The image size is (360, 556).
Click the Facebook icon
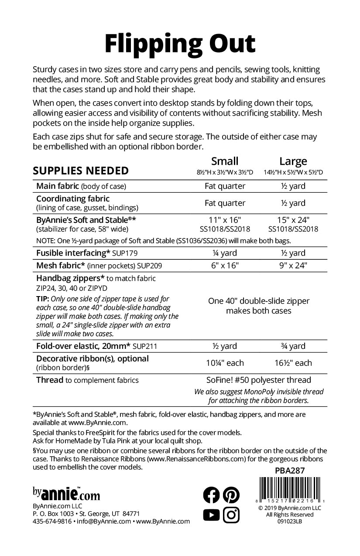click(x=212, y=495)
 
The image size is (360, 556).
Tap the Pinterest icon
click(x=231, y=495)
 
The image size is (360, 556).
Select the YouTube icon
click(x=212, y=515)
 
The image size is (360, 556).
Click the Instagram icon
click(x=231, y=515)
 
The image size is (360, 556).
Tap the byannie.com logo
click(x=66, y=495)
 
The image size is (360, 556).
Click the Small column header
click(x=225, y=161)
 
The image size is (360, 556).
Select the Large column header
click(x=293, y=161)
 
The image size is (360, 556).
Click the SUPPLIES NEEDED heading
click(x=81, y=170)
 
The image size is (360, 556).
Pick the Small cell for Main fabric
click(x=225, y=186)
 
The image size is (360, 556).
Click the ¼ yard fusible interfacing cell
click(x=225, y=253)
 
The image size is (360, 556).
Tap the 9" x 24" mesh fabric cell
click(x=293, y=266)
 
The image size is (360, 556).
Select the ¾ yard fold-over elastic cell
click(x=293, y=346)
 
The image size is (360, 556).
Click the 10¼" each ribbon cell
click(x=225, y=363)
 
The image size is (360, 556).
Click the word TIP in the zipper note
click(x=42, y=299)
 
